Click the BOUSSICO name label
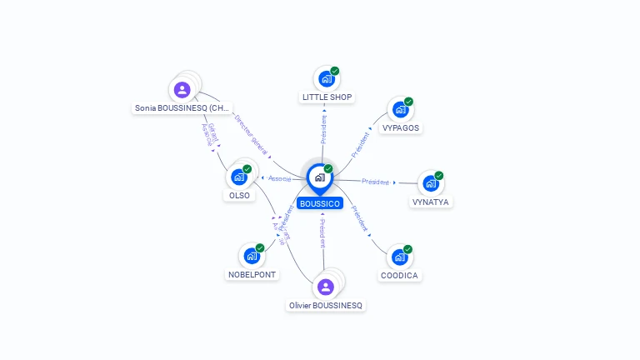320,203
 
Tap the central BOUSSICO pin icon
319,177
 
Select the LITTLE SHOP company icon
326,79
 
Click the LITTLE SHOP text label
327,97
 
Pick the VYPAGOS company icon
401,110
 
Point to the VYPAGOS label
401,128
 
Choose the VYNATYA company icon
430,183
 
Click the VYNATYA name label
432,202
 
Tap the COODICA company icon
399,257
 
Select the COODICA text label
400,275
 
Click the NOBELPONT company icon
251,256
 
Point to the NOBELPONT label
252,275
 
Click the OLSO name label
239,195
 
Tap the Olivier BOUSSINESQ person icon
326,287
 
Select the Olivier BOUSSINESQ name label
326,306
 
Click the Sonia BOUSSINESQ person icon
182,89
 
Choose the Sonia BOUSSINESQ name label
182,108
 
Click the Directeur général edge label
252,136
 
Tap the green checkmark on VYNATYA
439,175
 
